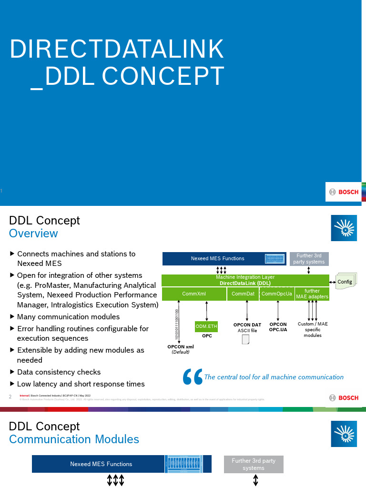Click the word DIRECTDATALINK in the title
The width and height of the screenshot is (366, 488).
117,49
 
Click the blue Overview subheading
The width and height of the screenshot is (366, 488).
33,233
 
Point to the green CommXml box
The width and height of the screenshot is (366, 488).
194,294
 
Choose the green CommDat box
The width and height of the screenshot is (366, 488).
243,294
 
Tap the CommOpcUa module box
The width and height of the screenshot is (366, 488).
277,294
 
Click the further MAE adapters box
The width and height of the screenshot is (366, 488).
312,294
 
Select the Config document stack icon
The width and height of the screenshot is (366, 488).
344,282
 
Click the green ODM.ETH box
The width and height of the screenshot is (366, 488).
206,326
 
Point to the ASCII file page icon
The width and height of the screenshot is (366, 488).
246,339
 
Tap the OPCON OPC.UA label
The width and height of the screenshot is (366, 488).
278,327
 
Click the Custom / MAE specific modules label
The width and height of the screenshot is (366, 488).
313,329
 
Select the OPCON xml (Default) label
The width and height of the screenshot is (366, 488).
180,349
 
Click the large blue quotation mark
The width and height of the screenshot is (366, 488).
193,376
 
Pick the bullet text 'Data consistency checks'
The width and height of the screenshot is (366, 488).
59,372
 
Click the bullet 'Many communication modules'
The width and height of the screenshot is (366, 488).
68,316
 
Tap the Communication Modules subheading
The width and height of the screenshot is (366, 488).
74,439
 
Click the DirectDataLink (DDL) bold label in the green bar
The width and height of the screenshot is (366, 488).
245,283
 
